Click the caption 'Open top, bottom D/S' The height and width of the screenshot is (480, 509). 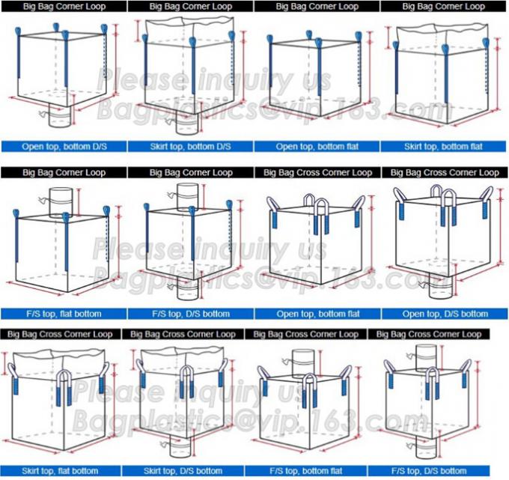[x=64, y=147]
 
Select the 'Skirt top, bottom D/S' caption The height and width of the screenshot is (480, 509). [x=191, y=147]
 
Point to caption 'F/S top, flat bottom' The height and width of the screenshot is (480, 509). [x=64, y=313]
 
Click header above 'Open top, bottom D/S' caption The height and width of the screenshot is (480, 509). [x=64, y=6]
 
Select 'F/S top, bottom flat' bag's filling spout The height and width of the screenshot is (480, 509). [x=302, y=358]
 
